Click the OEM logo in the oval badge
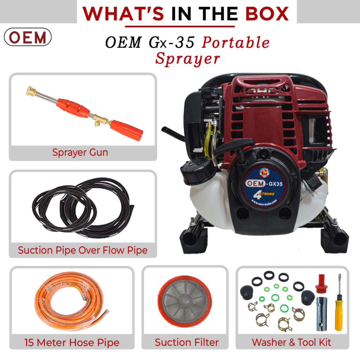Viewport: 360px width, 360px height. tap(28, 37)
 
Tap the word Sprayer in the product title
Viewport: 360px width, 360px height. tap(187, 58)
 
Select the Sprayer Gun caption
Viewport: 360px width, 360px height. tap(80, 152)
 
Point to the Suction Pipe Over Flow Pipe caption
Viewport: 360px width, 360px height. tap(83, 250)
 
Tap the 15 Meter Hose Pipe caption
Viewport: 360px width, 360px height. tap(72, 342)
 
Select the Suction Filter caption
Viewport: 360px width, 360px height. tap(187, 342)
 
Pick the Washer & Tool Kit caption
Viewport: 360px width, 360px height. tap(291, 342)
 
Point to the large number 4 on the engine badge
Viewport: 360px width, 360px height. tap(259, 194)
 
